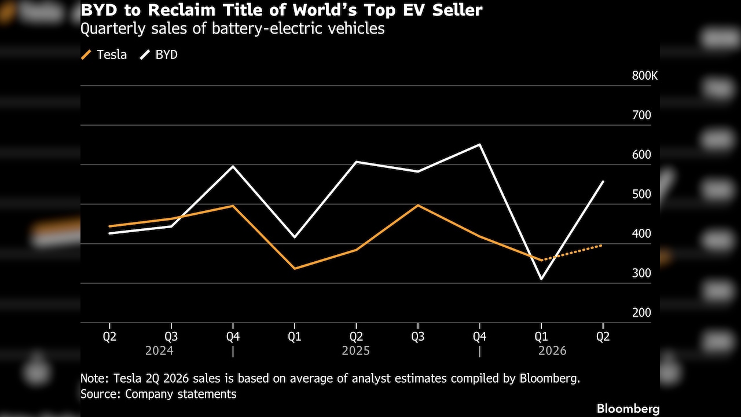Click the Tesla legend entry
[x=104, y=54]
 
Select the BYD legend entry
[x=159, y=54]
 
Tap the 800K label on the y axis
[x=645, y=76]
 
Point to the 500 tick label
[x=641, y=194]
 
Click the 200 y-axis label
[x=641, y=312]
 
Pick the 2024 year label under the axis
[x=159, y=351]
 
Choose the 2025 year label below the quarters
[x=355, y=351]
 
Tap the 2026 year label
[x=552, y=351]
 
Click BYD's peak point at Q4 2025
[x=480, y=145]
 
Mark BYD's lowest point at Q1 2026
[x=541, y=279]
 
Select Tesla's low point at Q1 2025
[x=295, y=268]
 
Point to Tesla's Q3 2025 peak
[x=418, y=206]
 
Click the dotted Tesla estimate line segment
[x=571, y=253]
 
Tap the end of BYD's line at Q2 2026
[x=603, y=182]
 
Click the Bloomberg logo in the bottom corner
[x=628, y=409]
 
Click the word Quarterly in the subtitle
[x=113, y=29]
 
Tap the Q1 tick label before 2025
[x=295, y=336]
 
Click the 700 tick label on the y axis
[x=641, y=115]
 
